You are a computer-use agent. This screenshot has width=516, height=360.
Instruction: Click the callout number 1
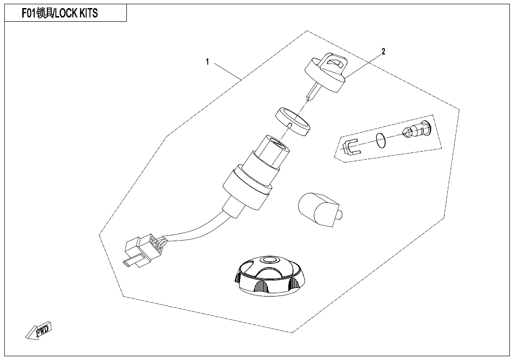pos(207,62)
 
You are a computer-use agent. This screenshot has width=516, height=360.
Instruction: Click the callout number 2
pos(383,51)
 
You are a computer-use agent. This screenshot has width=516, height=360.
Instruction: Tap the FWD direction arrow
pos(39,330)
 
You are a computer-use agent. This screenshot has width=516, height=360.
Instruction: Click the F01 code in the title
pos(29,13)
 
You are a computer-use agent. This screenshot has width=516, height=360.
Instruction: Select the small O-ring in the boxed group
pos(381,141)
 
